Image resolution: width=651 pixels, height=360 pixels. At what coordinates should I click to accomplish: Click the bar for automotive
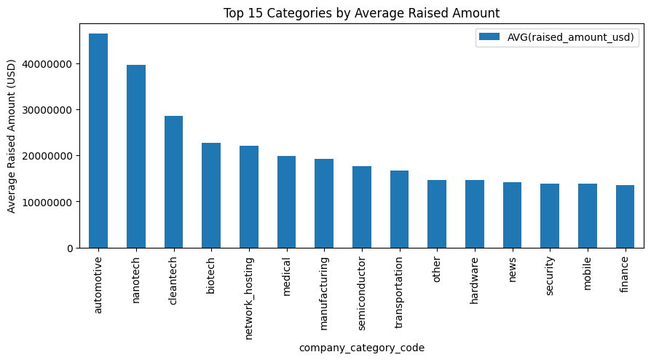pos(98,141)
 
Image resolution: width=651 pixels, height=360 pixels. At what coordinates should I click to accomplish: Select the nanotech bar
pos(136,157)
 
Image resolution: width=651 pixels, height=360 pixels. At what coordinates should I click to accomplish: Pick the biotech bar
pos(211,195)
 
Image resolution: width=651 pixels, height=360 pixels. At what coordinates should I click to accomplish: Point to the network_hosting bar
pos(249,197)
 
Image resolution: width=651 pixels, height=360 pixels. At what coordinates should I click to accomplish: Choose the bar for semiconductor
pos(362,207)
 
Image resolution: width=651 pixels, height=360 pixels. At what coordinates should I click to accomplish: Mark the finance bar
pos(626,216)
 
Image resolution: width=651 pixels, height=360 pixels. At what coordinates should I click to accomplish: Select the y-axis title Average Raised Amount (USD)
pos(12,136)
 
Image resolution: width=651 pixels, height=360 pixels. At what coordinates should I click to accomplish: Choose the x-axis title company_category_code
pos(362,348)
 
